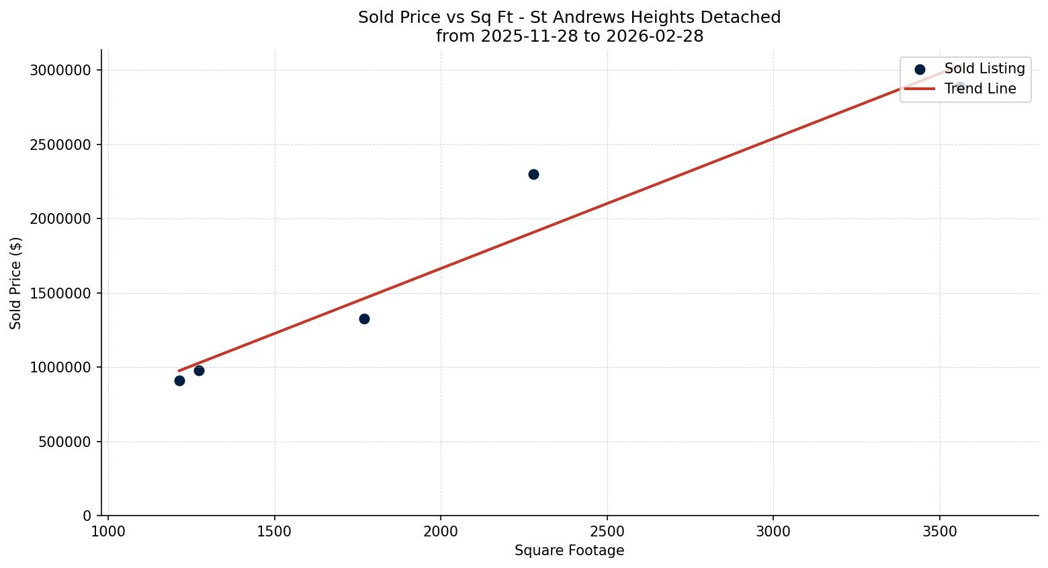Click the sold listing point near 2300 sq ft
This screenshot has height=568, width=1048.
533,175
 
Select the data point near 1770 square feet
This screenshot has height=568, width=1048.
364,319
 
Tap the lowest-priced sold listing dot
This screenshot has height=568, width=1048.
179,380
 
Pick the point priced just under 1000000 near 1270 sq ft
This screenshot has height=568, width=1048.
199,370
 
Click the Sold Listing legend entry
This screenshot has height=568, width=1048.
984,69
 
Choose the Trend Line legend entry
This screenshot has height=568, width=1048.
979,89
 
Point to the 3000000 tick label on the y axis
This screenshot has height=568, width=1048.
60,71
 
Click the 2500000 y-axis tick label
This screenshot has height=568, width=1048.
60,145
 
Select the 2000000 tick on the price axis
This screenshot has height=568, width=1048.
60,219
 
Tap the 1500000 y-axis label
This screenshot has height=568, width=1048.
60,293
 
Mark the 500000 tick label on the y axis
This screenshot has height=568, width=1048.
64,442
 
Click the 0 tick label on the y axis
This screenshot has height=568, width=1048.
87,516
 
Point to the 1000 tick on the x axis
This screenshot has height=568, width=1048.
108,532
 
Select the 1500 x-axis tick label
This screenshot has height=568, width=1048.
274,532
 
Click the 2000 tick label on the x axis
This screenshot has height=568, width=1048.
441,532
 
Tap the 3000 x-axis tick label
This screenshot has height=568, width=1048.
773,532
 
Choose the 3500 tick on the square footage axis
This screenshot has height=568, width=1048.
939,532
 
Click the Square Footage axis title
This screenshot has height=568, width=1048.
569,551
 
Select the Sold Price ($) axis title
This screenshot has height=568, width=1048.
16,283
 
